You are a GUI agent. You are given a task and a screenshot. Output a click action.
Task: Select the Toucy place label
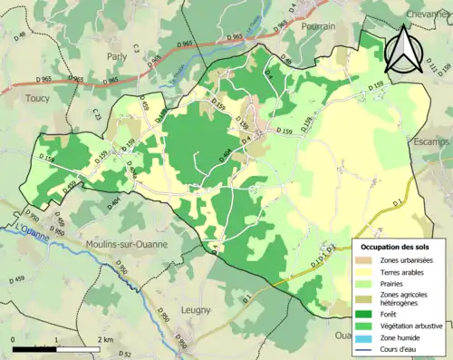pos(38,97)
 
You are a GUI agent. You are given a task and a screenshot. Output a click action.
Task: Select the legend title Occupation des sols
pos(394,246)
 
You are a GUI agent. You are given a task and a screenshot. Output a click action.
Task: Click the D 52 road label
pos(125,353)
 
